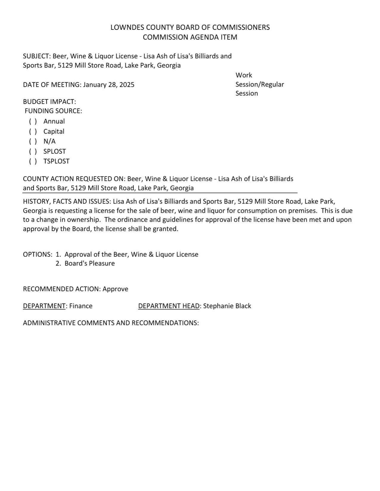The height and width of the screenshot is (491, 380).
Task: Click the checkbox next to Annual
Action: (33, 121)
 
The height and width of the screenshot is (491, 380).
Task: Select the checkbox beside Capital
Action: (33, 132)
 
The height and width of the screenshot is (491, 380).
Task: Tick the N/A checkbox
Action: (33, 141)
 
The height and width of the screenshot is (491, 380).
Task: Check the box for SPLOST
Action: (33, 151)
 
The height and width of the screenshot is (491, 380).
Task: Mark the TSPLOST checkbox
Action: (33, 161)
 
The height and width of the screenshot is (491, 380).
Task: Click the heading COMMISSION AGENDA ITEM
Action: (190, 37)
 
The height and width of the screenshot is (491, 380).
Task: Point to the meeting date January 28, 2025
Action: (109, 85)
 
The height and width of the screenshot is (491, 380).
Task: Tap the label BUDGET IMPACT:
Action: (49, 102)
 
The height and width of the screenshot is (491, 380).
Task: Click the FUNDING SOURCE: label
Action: (53, 111)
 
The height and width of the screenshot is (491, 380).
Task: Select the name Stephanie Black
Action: (227, 306)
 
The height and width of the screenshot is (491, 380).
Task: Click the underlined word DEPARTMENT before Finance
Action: (44, 306)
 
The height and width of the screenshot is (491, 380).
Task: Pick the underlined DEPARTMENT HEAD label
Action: (169, 306)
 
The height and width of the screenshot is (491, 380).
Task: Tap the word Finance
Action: (81, 306)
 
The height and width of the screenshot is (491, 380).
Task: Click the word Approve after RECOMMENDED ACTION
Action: (115, 289)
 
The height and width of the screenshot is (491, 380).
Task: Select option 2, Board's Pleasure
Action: (89, 263)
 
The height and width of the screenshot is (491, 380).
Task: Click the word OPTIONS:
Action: (38, 254)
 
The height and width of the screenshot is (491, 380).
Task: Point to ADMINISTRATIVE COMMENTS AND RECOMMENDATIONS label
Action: (111, 323)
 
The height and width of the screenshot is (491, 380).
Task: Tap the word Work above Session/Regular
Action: (244, 75)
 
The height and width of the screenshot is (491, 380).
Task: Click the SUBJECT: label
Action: (37, 56)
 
